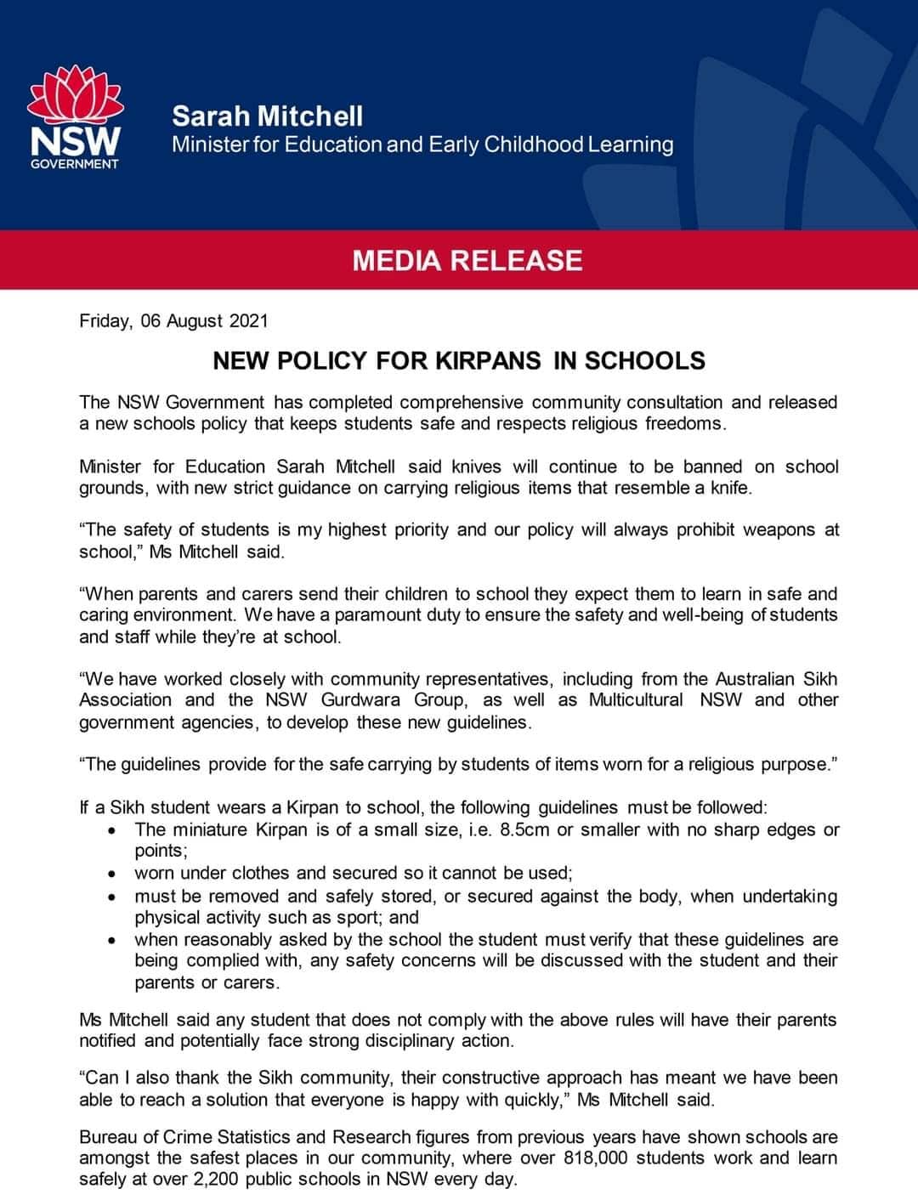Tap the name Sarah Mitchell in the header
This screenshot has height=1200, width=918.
tap(267, 116)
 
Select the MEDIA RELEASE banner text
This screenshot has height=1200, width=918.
tap(467, 260)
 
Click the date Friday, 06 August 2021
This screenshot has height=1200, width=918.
tap(173, 320)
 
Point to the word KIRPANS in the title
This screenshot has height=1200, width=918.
tap(488, 360)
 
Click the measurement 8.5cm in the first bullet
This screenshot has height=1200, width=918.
tap(525, 829)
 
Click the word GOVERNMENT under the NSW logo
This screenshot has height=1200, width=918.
tap(75, 163)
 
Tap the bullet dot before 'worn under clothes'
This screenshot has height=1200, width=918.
tap(112, 874)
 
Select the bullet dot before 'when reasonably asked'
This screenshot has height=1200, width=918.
tap(112, 941)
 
